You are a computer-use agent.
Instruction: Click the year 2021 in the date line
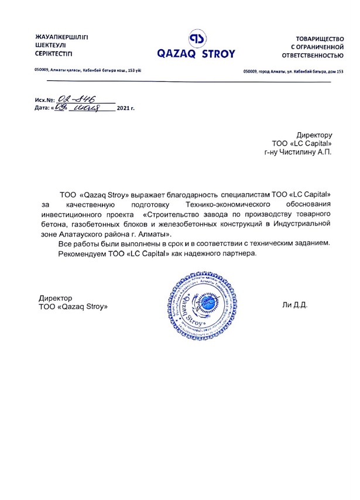[124, 109]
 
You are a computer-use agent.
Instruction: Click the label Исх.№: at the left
[45, 101]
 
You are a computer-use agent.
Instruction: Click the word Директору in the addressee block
[314, 134]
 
